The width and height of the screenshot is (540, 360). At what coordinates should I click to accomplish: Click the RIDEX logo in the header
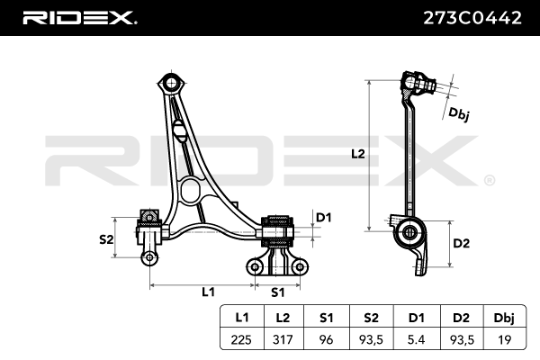click(78, 17)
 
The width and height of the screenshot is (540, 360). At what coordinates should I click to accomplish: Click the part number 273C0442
click(469, 17)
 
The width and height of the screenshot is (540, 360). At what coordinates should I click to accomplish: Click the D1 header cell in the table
click(416, 318)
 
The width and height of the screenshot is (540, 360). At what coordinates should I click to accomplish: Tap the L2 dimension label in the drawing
click(357, 154)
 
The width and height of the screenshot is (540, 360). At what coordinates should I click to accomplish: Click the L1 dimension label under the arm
click(208, 292)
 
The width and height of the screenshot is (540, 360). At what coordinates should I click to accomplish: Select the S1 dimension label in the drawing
click(277, 292)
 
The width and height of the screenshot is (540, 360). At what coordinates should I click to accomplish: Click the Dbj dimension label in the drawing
click(459, 113)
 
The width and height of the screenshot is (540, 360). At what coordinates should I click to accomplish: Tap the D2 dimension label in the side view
click(461, 243)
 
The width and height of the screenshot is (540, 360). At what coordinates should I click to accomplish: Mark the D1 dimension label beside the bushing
click(324, 217)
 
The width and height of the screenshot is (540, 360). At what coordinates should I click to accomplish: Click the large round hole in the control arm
click(191, 190)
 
